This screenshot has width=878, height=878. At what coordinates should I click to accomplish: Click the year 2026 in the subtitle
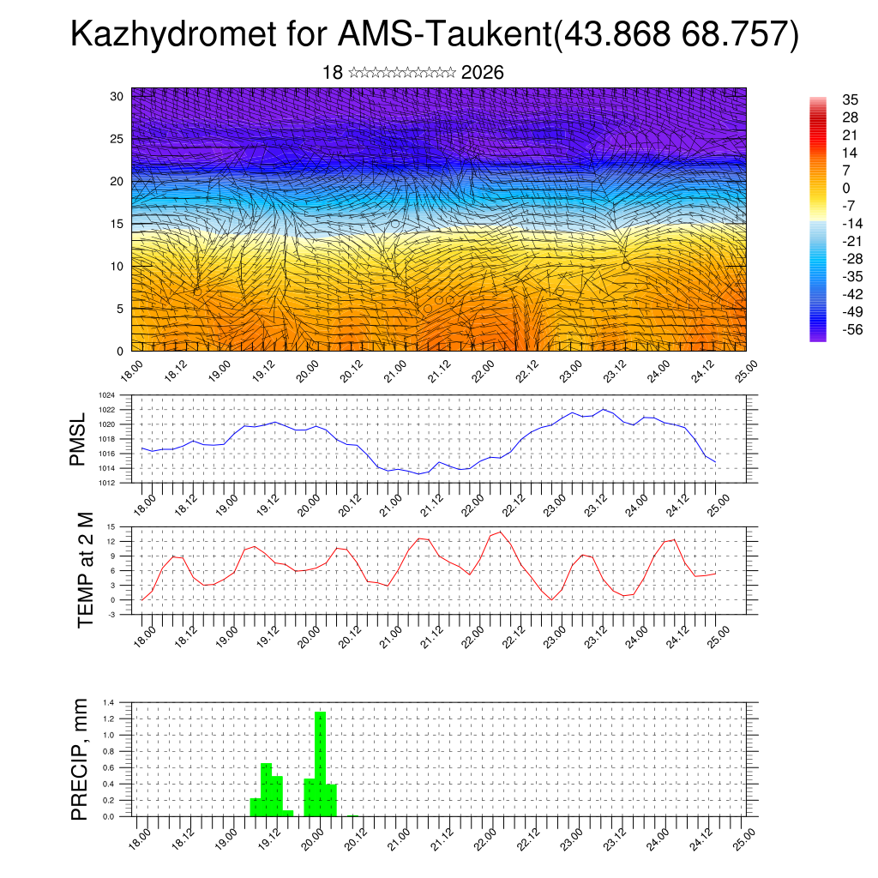tap(482, 73)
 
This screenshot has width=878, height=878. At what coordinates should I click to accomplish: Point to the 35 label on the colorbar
tap(826, 99)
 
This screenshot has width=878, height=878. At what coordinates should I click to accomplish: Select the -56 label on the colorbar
tap(828, 329)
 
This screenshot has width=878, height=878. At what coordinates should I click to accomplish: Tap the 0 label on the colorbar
tap(822, 188)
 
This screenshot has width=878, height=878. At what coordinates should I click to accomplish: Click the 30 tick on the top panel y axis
tap(117, 96)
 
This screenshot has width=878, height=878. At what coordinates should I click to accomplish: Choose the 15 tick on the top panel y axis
tap(117, 224)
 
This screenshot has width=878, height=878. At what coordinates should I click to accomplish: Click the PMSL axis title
tap(78, 439)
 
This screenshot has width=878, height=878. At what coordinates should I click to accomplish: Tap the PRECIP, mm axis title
tap(80, 759)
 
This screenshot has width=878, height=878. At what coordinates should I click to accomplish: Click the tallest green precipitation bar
tap(321, 763)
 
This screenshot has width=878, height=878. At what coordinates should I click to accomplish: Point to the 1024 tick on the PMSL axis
tap(106, 395)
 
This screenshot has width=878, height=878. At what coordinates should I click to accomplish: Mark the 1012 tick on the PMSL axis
tap(106, 483)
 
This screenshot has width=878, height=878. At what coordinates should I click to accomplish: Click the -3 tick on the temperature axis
tap(111, 615)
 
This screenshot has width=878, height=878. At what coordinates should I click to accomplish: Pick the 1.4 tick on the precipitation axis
tap(109, 702)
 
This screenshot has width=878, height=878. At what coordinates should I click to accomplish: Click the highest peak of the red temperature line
tap(500, 532)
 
